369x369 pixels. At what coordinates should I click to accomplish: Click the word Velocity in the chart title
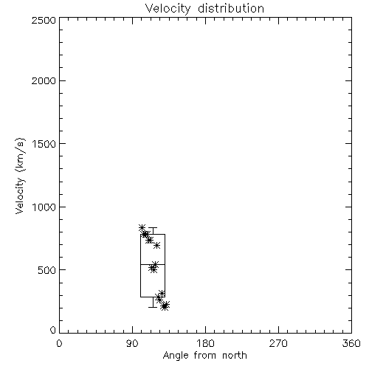point(168,9)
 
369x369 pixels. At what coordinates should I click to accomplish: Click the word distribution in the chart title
point(231,8)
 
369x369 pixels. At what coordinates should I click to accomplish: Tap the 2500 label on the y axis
point(44,20)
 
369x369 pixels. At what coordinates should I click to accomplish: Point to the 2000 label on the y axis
point(44,80)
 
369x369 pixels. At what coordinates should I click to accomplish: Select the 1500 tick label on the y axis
point(44,144)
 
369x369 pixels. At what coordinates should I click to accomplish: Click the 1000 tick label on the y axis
point(44,207)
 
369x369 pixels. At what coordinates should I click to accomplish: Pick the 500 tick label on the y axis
point(47,270)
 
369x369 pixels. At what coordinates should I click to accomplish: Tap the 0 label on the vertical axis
point(53,330)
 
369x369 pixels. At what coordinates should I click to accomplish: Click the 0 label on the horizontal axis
point(59,343)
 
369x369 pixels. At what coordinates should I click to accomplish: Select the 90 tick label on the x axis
point(132,343)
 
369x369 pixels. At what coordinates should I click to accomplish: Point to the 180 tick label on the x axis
point(205,343)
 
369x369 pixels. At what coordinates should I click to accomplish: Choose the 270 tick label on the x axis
point(278,343)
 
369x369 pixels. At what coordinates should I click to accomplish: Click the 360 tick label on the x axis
point(351,343)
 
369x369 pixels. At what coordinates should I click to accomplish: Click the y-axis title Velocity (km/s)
point(20,176)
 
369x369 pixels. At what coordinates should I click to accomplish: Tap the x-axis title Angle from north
point(204,356)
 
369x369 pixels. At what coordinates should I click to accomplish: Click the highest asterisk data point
point(142,228)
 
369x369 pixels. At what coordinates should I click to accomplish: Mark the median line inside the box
point(153,264)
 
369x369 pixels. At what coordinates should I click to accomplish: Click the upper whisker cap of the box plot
point(153,228)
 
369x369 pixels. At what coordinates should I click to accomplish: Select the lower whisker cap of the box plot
point(153,307)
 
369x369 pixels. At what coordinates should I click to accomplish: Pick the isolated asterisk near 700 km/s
point(156,245)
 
